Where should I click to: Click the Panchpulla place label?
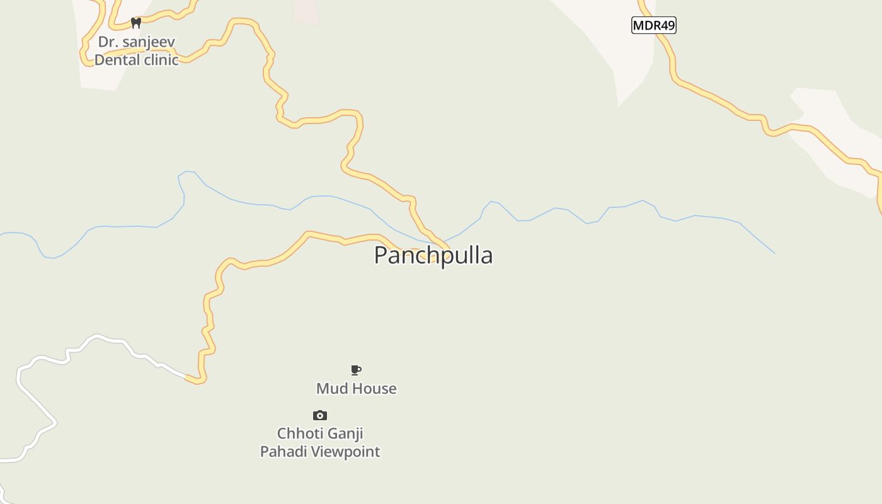[433, 255]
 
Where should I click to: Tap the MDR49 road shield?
[653, 25]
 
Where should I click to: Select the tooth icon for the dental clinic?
[135, 23]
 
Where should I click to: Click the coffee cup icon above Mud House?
[356, 370]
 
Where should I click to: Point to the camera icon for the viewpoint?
[320, 415]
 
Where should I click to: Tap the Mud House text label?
[356, 389]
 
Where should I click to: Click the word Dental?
[116, 60]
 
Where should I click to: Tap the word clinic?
[160, 60]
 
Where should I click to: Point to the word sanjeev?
[149, 42]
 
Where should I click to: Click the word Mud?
[331, 389]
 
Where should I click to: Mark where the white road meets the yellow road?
[187, 377]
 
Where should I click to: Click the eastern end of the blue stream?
[774, 253]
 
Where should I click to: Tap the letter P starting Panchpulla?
[381, 255]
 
